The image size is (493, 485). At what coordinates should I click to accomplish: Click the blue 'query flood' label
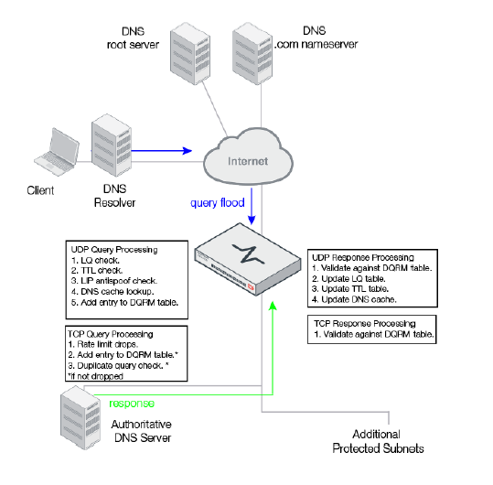[216, 202]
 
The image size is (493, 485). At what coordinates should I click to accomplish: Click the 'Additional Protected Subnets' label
[379, 441]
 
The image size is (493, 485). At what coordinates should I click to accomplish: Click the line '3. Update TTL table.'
[351, 289]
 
